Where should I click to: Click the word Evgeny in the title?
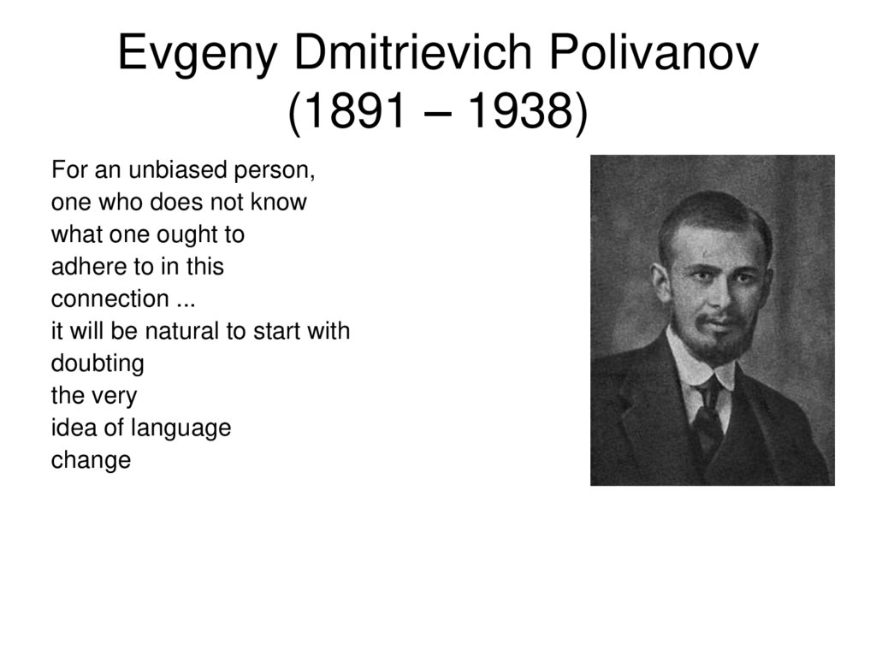coord(196,55)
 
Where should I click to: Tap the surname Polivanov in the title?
coord(654,55)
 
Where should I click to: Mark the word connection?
coord(110,299)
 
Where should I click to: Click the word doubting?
coord(98,363)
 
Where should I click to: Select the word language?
coord(186,428)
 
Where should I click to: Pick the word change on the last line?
coord(91,460)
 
